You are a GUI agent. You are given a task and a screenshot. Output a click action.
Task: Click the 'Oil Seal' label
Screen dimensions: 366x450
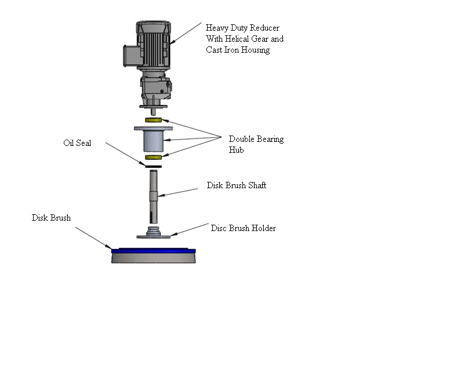(x=77, y=143)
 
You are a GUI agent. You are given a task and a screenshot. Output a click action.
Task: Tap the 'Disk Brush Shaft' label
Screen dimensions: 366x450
(x=237, y=186)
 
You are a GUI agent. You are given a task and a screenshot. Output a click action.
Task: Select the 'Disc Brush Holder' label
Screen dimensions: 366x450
(x=243, y=228)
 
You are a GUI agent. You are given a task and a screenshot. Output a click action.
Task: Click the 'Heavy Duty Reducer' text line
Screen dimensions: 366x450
(x=242, y=28)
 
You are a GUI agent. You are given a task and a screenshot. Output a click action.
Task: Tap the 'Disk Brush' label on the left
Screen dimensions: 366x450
(x=51, y=218)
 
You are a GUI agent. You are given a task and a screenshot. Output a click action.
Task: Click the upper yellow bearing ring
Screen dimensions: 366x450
(x=153, y=120)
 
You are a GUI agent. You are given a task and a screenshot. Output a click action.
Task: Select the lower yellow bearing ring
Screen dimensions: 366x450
(x=153, y=157)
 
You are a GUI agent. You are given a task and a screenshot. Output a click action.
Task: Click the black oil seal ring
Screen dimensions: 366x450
(x=153, y=166)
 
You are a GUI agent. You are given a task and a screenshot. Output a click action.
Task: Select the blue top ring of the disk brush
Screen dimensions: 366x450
(x=153, y=251)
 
